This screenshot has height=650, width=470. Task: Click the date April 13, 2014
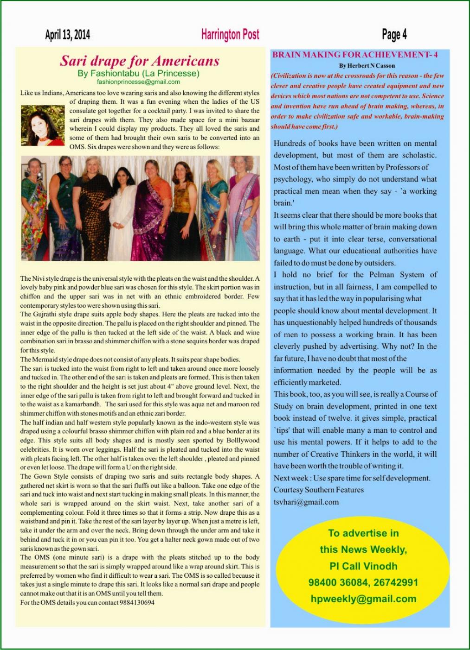point(68,35)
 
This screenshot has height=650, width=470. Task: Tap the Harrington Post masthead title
point(230,34)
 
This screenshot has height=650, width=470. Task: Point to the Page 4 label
point(394,34)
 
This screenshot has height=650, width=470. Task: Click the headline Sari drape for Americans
point(139,61)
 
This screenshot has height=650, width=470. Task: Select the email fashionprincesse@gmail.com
point(138,82)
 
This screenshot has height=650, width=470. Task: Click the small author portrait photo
point(42,126)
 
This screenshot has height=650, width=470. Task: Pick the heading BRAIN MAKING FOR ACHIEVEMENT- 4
point(355,55)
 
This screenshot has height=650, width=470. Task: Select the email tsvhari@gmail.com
point(306,502)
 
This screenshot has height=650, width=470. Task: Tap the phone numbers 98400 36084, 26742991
point(363,582)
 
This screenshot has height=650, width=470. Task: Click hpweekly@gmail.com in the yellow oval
point(363,599)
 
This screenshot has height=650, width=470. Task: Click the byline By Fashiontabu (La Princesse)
point(138,73)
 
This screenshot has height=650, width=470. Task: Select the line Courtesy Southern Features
point(318,490)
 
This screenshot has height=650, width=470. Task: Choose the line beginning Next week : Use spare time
point(352,478)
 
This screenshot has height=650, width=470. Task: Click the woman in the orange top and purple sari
point(152,208)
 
